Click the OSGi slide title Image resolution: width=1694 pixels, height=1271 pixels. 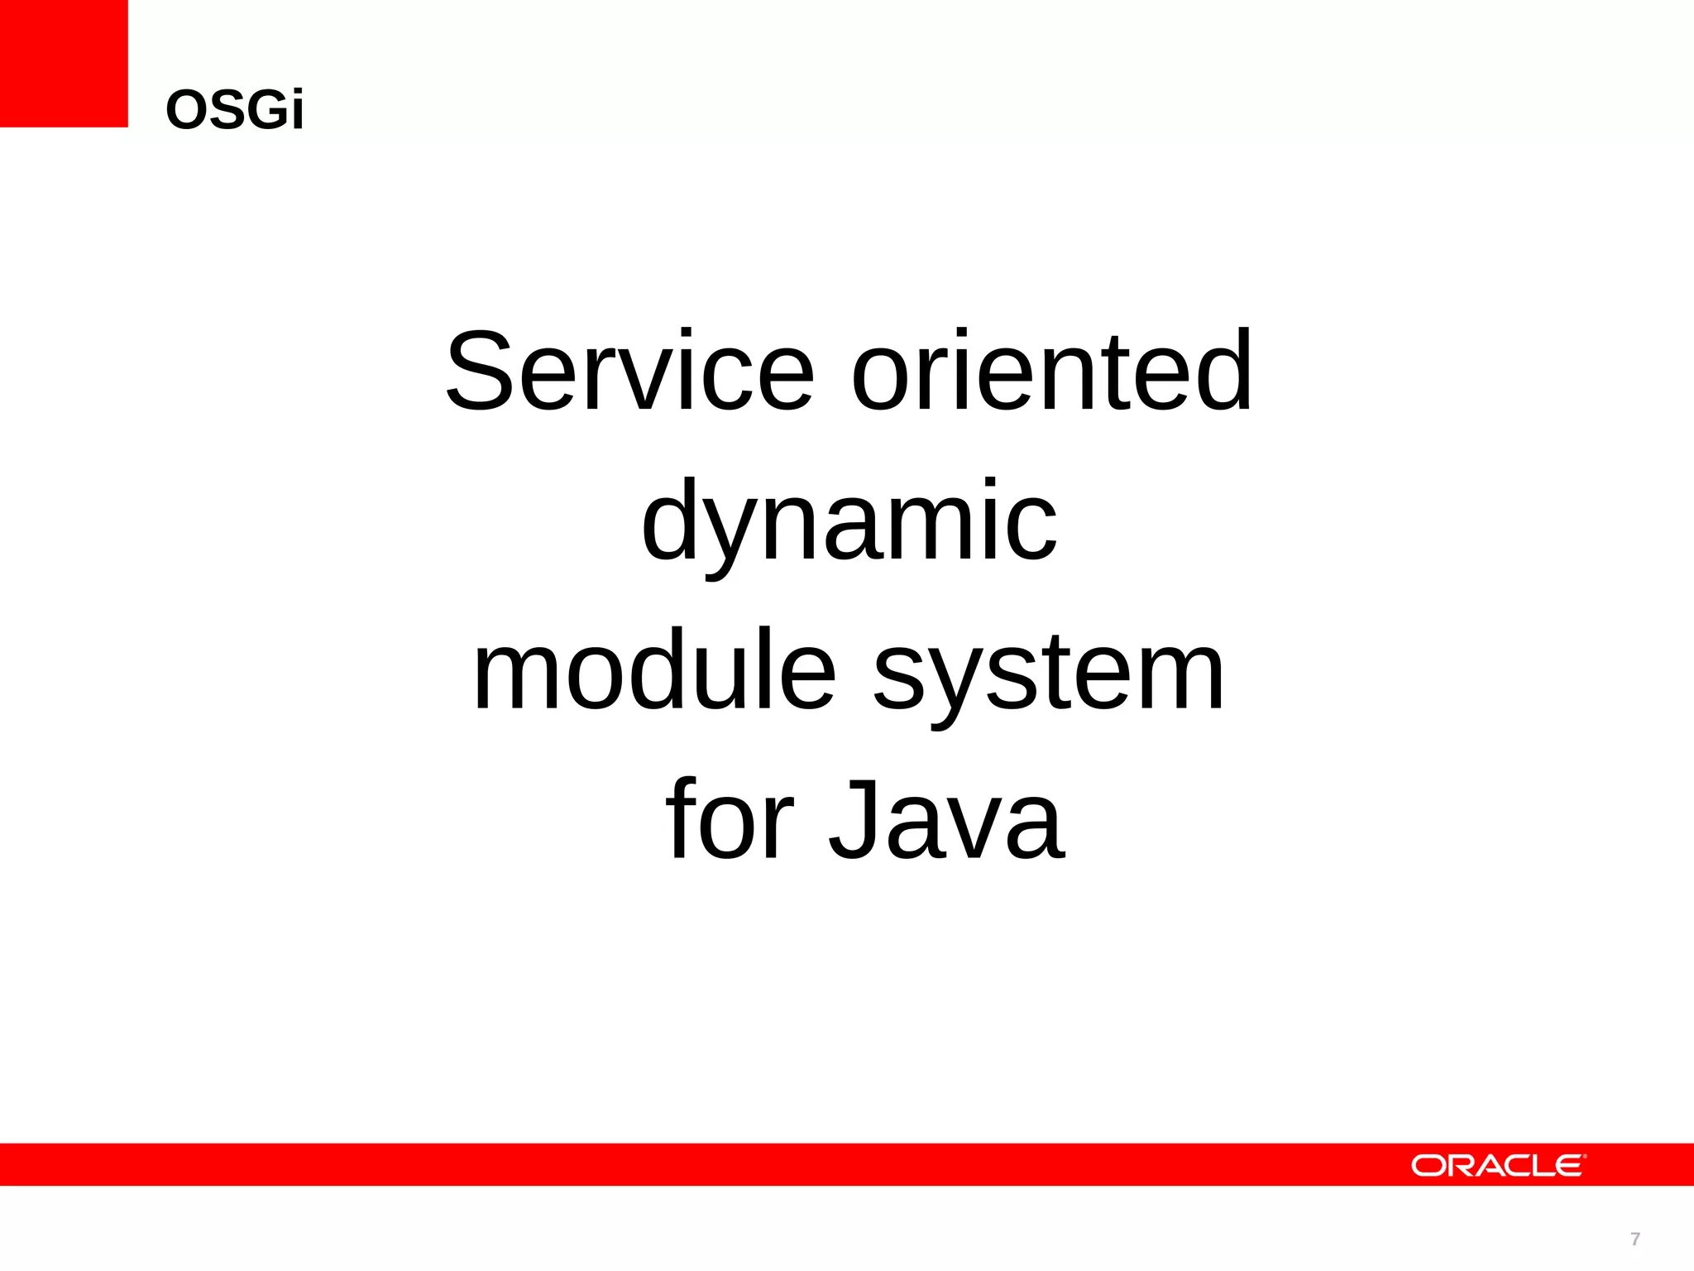pos(235,110)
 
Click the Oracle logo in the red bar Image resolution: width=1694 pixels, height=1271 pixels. pos(1498,1165)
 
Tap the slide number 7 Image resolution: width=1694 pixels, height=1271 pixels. pos(1634,1239)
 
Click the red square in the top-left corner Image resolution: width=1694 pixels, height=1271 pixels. pos(64,64)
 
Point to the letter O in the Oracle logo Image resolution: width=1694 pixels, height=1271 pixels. pos(1428,1166)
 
